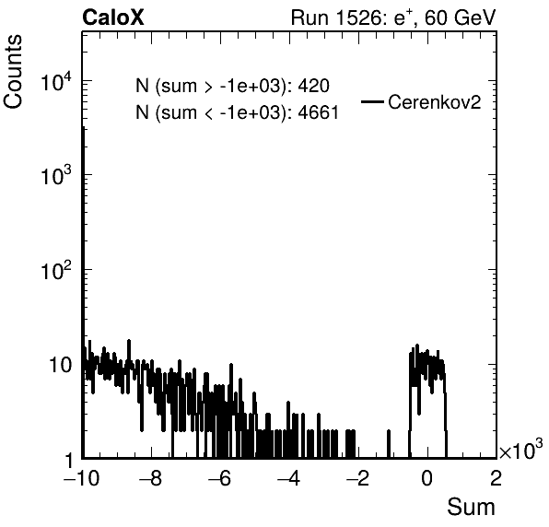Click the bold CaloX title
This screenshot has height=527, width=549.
(113, 18)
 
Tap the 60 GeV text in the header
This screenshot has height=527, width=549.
(460, 18)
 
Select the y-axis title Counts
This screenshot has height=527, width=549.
(13, 72)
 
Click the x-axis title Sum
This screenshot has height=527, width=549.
(471, 507)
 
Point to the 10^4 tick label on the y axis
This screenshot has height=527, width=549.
(56, 82)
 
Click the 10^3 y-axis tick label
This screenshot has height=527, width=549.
(56, 175)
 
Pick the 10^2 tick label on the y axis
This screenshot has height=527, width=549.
(56, 270)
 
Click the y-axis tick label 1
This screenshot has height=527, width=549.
(69, 460)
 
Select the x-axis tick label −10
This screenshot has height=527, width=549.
(82, 479)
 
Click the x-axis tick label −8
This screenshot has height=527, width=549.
(151, 479)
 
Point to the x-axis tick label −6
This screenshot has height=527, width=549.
(220, 479)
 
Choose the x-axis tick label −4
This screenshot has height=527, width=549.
(289, 479)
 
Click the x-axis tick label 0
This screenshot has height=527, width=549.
(427, 479)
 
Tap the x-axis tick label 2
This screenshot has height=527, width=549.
(496, 479)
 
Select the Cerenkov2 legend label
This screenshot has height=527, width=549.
(435, 102)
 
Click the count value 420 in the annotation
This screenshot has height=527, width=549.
(313, 86)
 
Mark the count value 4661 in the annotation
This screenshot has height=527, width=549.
(319, 112)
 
